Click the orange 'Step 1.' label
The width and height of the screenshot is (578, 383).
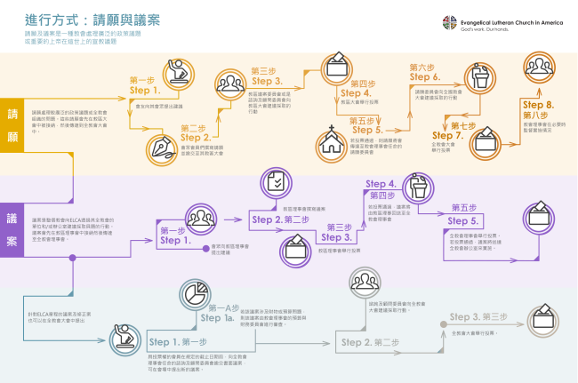pyautogui.click(x=145, y=90)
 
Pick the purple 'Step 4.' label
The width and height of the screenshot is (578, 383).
pyautogui.click(x=380, y=185)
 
